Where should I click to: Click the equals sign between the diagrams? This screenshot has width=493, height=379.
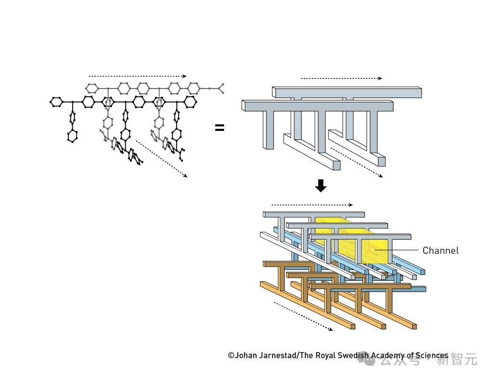pyautogui.click(x=220, y=127)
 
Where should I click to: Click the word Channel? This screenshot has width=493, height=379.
pyautogui.click(x=441, y=250)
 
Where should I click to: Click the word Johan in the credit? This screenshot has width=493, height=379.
pyautogui.click(x=248, y=355)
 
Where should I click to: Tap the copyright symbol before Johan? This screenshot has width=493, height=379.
pyautogui.click(x=231, y=355)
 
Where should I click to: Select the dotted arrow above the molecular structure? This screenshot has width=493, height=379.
pyautogui.click(x=137, y=76)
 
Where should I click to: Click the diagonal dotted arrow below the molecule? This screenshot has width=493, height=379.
pyautogui.click(x=162, y=159)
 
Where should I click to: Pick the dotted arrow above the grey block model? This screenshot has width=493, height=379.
pyautogui.click(x=341, y=78)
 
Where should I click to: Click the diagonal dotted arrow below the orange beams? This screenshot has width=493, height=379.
pyautogui.click(x=303, y=316)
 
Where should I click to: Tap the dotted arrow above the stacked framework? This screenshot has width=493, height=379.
pyautogui.click(x=311, y=204)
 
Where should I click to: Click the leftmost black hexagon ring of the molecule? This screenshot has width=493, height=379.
pyautogui.click(x=56, y=101)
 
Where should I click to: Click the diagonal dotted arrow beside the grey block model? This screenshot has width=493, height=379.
pyautogui.click(x=357, y=162)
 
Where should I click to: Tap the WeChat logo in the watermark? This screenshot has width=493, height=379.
pyautogui.click(x=370, y=359)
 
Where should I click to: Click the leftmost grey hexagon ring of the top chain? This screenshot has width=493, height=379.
pyautogui.click(x=91, y=88)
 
